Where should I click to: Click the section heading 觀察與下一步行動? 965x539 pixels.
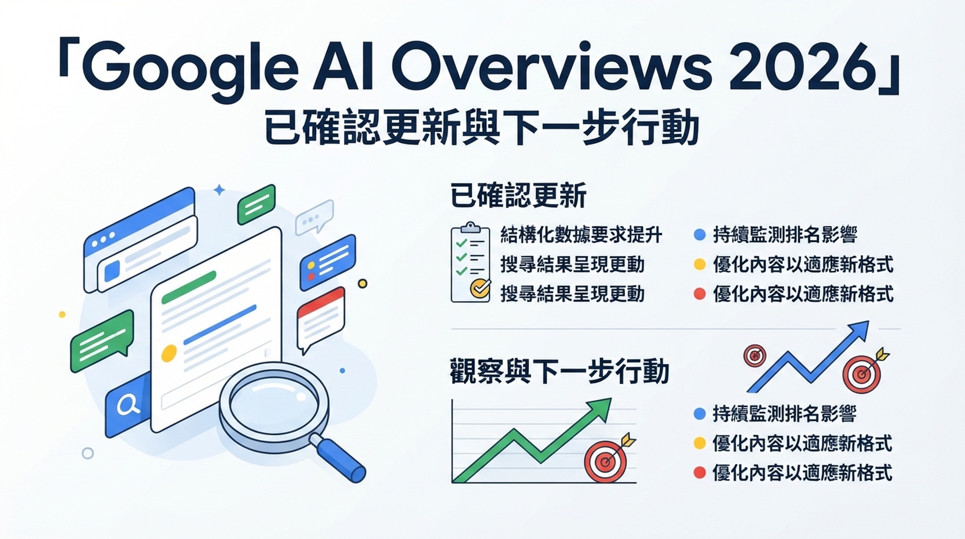559,371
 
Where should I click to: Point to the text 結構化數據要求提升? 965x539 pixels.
581,235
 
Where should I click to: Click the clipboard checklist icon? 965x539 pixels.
470,263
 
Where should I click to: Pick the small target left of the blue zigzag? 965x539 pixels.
755,356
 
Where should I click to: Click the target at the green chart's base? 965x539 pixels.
606,462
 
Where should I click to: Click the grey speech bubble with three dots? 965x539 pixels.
314,216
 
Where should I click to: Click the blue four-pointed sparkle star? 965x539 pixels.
219,190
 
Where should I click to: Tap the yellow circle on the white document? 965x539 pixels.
169,353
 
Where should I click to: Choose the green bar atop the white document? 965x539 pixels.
189,287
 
